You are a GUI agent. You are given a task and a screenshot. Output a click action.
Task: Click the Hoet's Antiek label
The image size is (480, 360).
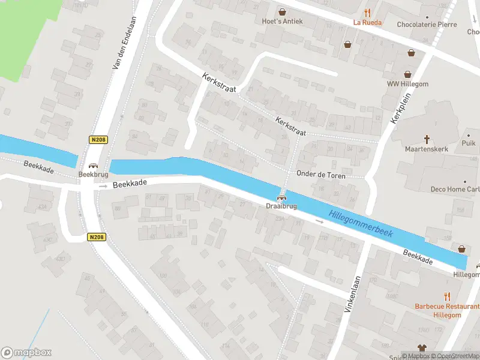[282, 22]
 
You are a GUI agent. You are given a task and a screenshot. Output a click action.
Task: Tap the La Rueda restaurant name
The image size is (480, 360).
[367, 23]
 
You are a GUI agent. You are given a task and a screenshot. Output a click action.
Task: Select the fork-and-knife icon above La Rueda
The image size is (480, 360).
[367, 12]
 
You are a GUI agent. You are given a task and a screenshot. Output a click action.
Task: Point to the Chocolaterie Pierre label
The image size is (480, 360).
[427, 25]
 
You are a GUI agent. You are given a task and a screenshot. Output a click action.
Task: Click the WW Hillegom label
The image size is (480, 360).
[407, 84]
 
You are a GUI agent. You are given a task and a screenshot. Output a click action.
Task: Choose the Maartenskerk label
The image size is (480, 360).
[427, 148]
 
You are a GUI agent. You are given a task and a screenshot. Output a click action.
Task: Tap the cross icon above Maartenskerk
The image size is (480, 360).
[427, 138]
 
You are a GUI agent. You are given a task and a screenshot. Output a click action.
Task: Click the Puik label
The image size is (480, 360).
[469, 143]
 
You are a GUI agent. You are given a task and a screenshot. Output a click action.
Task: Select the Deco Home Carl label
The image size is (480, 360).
[455, 189]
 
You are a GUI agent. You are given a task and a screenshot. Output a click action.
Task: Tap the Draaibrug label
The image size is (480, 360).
[281, 206]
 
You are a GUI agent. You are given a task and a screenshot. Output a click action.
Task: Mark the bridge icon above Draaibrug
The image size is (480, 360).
[281, 197]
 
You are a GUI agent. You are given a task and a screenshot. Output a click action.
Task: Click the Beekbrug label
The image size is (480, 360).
[92, 174]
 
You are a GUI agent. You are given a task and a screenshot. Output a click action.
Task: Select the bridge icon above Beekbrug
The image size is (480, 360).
[93, 166]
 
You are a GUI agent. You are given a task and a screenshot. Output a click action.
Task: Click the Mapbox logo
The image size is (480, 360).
[26, 353]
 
